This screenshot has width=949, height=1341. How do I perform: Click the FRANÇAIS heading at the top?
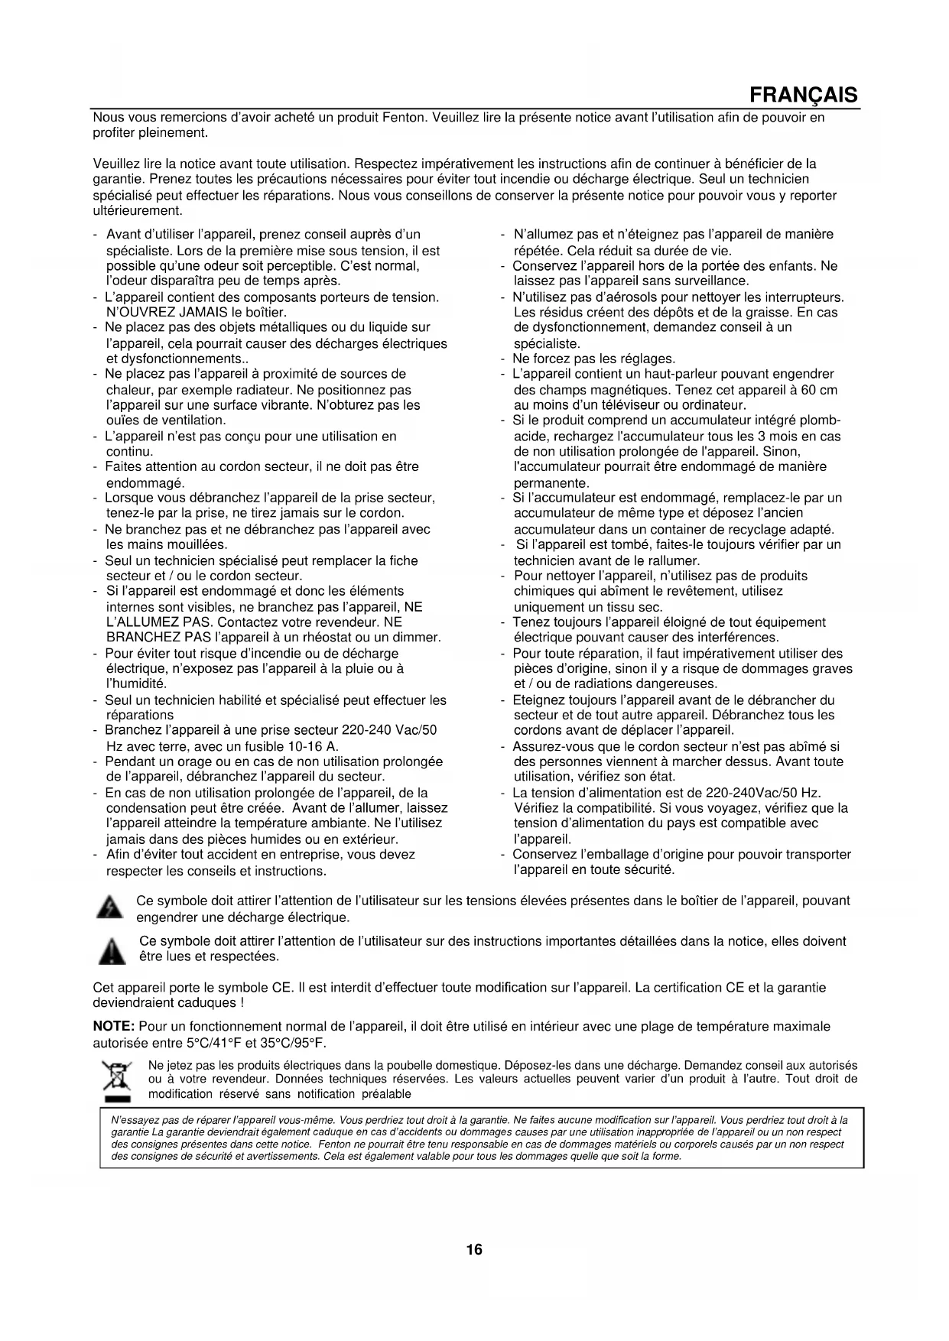click(x=804, y=96)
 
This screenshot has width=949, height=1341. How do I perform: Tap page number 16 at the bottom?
click(x=474, y=1250)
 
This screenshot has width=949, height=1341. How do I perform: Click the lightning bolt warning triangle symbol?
click(x=110, y=908)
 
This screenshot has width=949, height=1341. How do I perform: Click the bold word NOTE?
click(x=114, y=1026)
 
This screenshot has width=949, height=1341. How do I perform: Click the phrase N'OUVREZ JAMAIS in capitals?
click(x=154, y=312)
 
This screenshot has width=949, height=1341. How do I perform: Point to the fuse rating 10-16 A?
click(x=307, y=746)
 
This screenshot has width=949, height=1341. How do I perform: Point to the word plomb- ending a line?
click(x=823, y=420)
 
